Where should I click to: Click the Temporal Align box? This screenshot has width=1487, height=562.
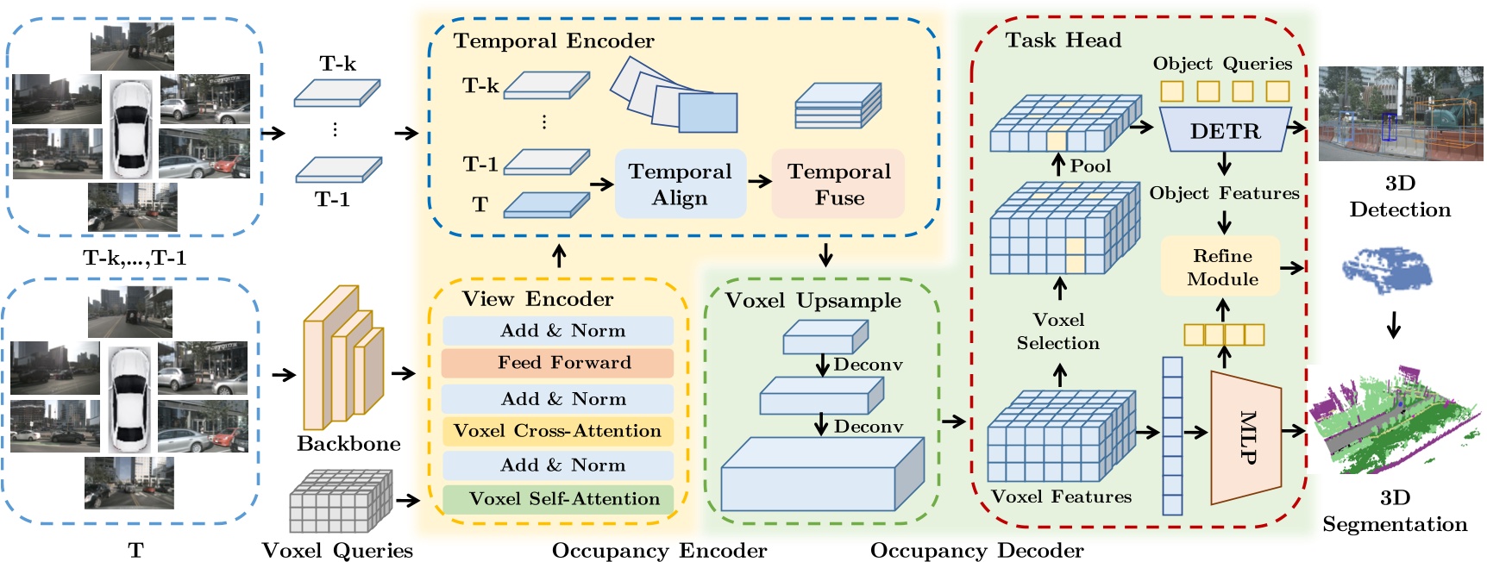680,184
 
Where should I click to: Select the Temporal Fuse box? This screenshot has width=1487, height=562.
838,184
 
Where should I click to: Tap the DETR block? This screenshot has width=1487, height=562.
1225,131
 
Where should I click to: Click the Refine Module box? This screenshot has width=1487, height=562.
1221,267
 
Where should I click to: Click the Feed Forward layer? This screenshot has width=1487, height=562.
558,363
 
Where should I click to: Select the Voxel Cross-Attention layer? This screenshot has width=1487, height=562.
558,431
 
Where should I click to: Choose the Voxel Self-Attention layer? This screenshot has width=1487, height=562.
558,499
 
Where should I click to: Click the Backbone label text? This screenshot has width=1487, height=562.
348,444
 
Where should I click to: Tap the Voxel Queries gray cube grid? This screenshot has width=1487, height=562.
340,501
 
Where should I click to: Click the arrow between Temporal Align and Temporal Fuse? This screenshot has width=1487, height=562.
759,182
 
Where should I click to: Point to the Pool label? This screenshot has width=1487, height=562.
1090,166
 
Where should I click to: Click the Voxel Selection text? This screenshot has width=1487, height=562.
1058,332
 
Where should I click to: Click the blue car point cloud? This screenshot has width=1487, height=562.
1387,270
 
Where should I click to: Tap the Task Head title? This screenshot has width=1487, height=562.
1063,41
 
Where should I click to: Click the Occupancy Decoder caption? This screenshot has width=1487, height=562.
976,551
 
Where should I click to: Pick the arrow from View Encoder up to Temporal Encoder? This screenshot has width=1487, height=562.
559,256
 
